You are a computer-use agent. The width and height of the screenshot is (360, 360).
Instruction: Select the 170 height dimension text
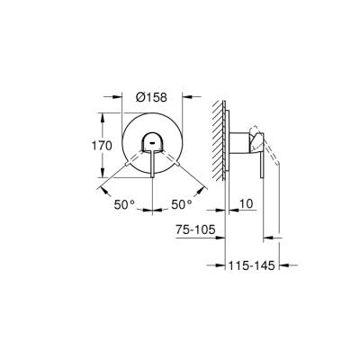click(x=103, y=146)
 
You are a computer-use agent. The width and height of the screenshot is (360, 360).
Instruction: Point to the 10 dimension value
click(x=246, y=205)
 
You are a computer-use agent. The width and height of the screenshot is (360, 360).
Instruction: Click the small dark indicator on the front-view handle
click(x=151, y=142)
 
